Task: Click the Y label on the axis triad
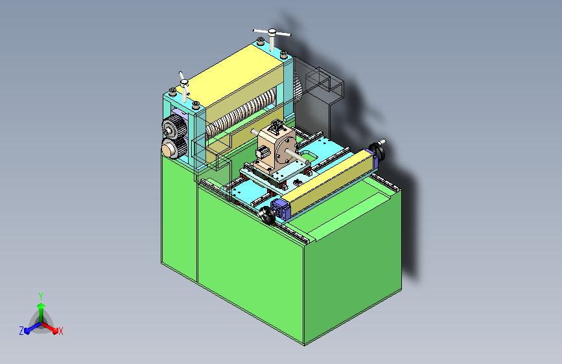41,296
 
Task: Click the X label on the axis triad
60,331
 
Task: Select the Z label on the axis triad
21,331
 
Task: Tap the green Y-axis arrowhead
41,306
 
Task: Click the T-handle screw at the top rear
272,38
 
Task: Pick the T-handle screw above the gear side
184,86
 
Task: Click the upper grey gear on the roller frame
174,128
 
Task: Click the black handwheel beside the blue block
267,215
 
